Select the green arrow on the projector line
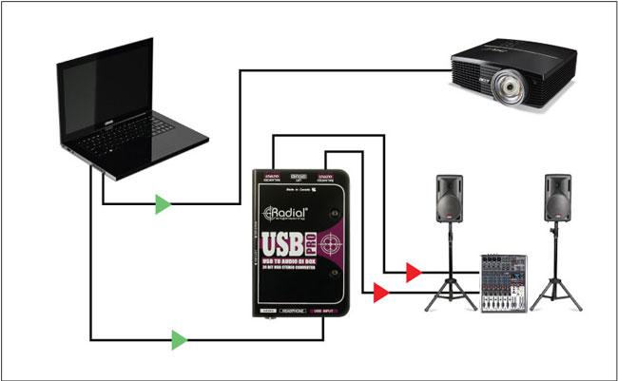[164, 203]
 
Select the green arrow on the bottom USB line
[179, 338]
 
